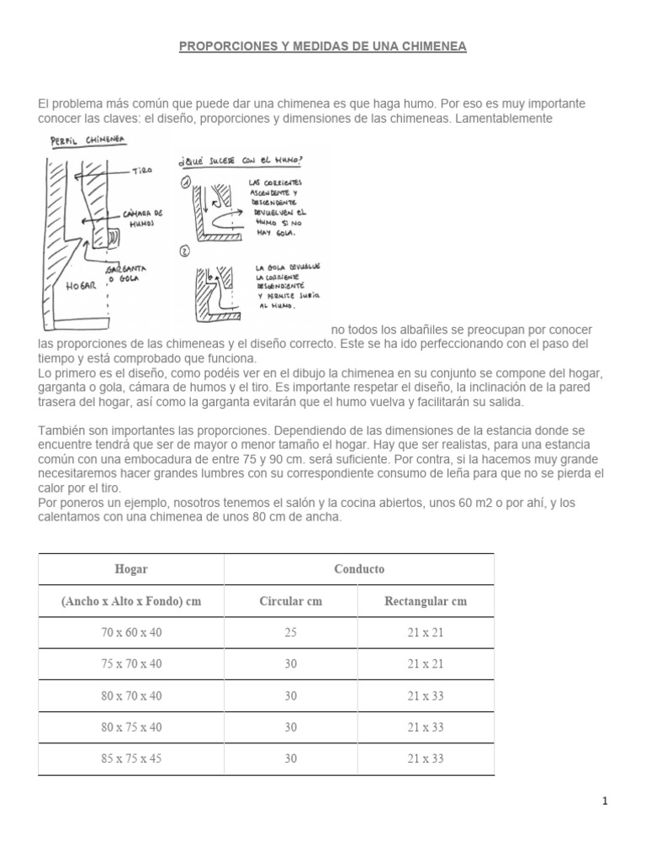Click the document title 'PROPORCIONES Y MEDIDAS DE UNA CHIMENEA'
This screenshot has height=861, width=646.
(x=323, y=47)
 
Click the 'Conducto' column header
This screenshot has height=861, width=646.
(x=358, y=569)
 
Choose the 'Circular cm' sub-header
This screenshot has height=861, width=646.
(x=290, y=601)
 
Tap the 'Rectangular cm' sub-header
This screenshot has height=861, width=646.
(x=426, y=601)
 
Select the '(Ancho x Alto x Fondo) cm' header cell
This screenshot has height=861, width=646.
(x=130, y=601)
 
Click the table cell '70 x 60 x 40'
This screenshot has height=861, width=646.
(x=130, y=632)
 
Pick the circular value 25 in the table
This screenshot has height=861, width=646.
(x=290, y=632)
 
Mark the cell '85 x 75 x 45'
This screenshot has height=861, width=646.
(x=130, y=758)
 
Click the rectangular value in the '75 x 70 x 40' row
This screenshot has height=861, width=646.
(x=426, y=663)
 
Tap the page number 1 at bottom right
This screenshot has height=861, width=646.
(x=605, y=801)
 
